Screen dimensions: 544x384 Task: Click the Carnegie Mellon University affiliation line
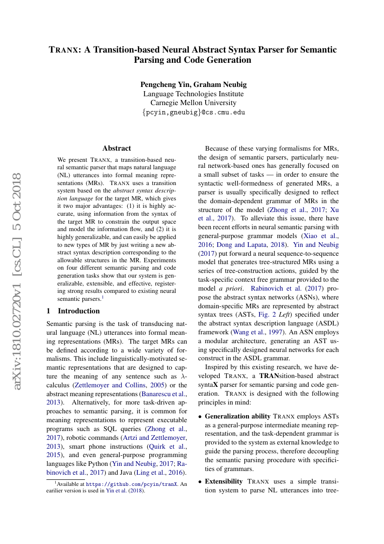click(x=193, y=103)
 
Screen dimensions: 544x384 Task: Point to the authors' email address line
click(x=193, y=112)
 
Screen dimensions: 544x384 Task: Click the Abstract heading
click(x=117, y=148)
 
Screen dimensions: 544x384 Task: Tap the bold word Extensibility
click(x=223, y=481)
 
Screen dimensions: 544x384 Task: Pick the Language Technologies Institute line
click(x=193, y=93)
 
